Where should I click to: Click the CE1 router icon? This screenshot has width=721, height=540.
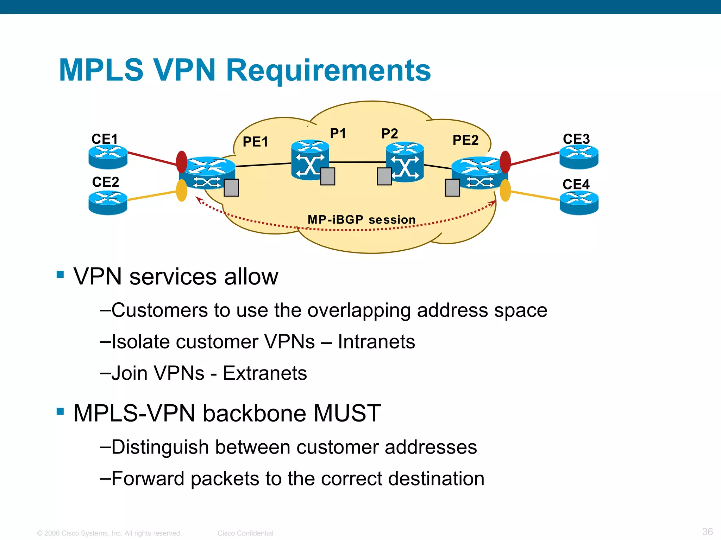pyautogui.click(x=108, y=157)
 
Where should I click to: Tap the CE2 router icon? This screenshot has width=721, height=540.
pyautogui.click(x=108, y=202)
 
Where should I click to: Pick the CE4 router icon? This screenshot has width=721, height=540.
pyautogui.click(x=579, y=202)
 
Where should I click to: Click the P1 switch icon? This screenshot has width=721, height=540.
pyautogui.click(x=310, y=160)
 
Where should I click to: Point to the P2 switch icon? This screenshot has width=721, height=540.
pyautogui.click(x=405, y=162)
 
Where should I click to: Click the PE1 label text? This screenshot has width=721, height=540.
pyautogui.click(x=256, y=142)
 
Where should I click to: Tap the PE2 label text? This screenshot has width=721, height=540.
pyautogui.click(x=465, y=140)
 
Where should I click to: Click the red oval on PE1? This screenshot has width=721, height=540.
pyautogui.click(x=182, y=162)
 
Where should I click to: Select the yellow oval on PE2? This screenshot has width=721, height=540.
pyautogui.click(x=505, y=190)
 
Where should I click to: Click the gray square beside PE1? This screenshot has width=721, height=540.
pyautogui.click(x=231, y=187)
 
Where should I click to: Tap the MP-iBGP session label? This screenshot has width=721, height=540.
pyautogui.click(x=362, y=220)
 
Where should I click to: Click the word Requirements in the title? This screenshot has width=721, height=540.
pyautogui.click(x=328, y=70)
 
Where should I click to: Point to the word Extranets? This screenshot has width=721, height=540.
pyautogui.click(x=265, y=373)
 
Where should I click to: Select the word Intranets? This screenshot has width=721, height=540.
pyautogui.click(x=376, y=342)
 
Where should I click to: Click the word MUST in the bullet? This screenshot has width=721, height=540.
pyautogui.click(x=347, y=413)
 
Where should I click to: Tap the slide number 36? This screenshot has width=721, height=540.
pyautogui.click(x=707, y=532)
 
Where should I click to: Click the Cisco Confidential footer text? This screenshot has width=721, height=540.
pyautogui.click(x=245, y=533)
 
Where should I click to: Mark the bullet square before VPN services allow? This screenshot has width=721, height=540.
pyautogui.click(x=60, y=274)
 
